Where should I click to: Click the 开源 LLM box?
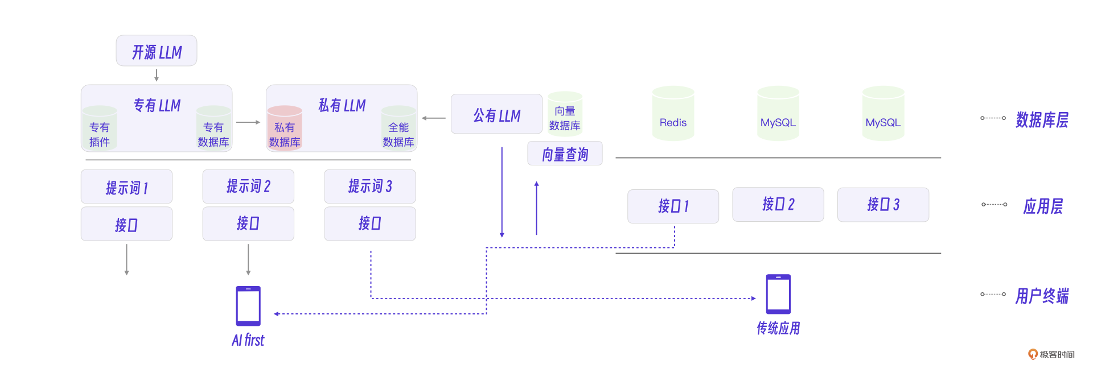(x=157, y=51)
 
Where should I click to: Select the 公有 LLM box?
(x=496, y=114)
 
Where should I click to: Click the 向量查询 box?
(x=565, y=154)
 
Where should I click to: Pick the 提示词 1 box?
(x=126, y=186)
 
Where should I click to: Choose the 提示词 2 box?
(x=248, y=186)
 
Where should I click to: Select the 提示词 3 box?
(x=370, y=186)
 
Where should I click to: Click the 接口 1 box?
(x=673, y=206)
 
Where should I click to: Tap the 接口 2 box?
(x=778, y=204)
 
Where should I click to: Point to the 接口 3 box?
(x=883, y=204)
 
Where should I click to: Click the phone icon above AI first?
(x=248, y=305)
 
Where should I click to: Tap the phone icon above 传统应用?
(x=778, y=294)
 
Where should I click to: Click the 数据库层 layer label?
(x=1042, y=119)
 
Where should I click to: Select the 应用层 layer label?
(x=1043, y=206)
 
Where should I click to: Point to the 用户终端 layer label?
(x=1042, y=296)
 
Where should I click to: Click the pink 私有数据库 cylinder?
(x=285, y=128)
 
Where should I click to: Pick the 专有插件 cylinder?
(x=100, y=128)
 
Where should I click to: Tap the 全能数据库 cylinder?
(x=398, y=128)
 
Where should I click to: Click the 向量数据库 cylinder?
(x=565, y=114)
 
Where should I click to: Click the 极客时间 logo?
(x=1051, y=354)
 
